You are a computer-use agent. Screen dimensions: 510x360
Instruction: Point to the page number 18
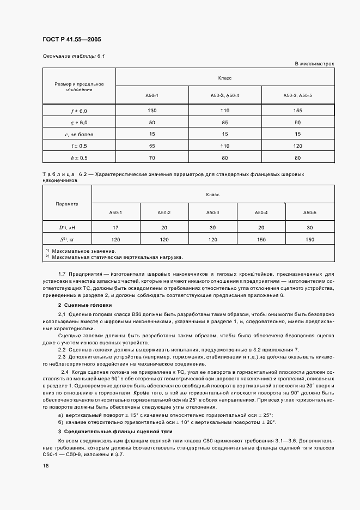[46, 466]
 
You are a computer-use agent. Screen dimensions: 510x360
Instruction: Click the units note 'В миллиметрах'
[314, 64]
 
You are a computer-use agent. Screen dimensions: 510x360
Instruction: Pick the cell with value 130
[152, 111]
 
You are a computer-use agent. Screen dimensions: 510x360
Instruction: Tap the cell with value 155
[297, 111]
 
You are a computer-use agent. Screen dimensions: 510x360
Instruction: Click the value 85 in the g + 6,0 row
[225, 122]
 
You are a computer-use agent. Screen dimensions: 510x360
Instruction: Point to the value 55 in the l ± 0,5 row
[152, 146]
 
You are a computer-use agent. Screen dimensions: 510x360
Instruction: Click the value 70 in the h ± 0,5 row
[152, 158]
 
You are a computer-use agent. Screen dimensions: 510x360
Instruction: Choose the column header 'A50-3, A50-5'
[297, 95]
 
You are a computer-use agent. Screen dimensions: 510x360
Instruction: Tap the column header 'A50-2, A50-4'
[225, 95]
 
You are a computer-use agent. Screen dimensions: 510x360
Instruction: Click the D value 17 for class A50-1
[116, 228]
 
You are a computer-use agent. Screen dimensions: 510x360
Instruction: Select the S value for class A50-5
[310, 240]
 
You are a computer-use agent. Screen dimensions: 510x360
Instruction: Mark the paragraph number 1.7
[62, 275]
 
